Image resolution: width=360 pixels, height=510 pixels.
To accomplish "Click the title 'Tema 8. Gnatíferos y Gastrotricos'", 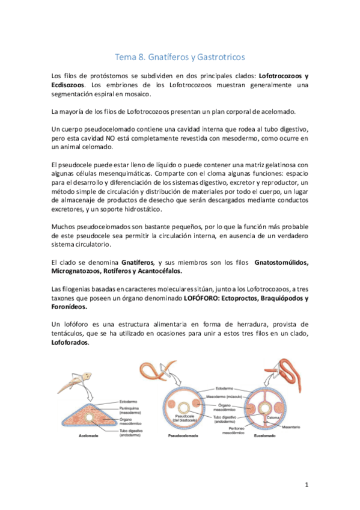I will click(x=180, y=57).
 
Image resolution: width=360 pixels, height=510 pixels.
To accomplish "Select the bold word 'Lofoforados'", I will click(x=70, y=343).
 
